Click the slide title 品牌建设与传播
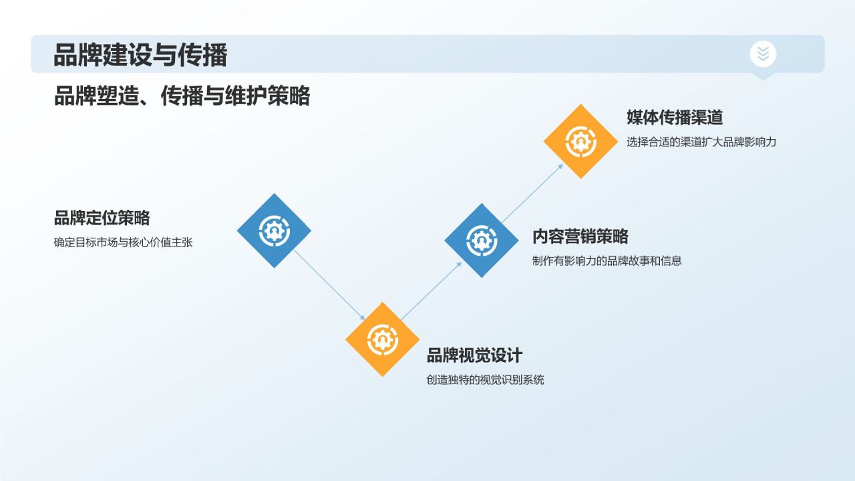coord(140,55)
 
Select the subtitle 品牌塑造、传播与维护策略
coord(182,96)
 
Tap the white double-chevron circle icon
coord(763,54)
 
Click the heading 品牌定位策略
coord(102,218)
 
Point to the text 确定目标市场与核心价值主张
coord(123,243)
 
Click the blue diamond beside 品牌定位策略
coord(274,230)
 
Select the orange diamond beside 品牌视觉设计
coord(382,339)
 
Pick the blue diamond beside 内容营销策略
coord(482,240)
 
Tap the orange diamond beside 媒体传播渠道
coord(580,141)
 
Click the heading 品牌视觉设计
coord(474,355)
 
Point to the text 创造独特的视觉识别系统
coord(485,380)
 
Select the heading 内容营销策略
coord(580,236)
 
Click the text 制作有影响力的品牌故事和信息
coord(607,261)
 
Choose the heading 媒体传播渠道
coord(675,118)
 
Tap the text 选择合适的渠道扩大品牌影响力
coord(701,142)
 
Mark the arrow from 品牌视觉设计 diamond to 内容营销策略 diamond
coord(432,290)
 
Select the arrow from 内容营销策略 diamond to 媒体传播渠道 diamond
coord(532,192)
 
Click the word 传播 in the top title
coord(202,55)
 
